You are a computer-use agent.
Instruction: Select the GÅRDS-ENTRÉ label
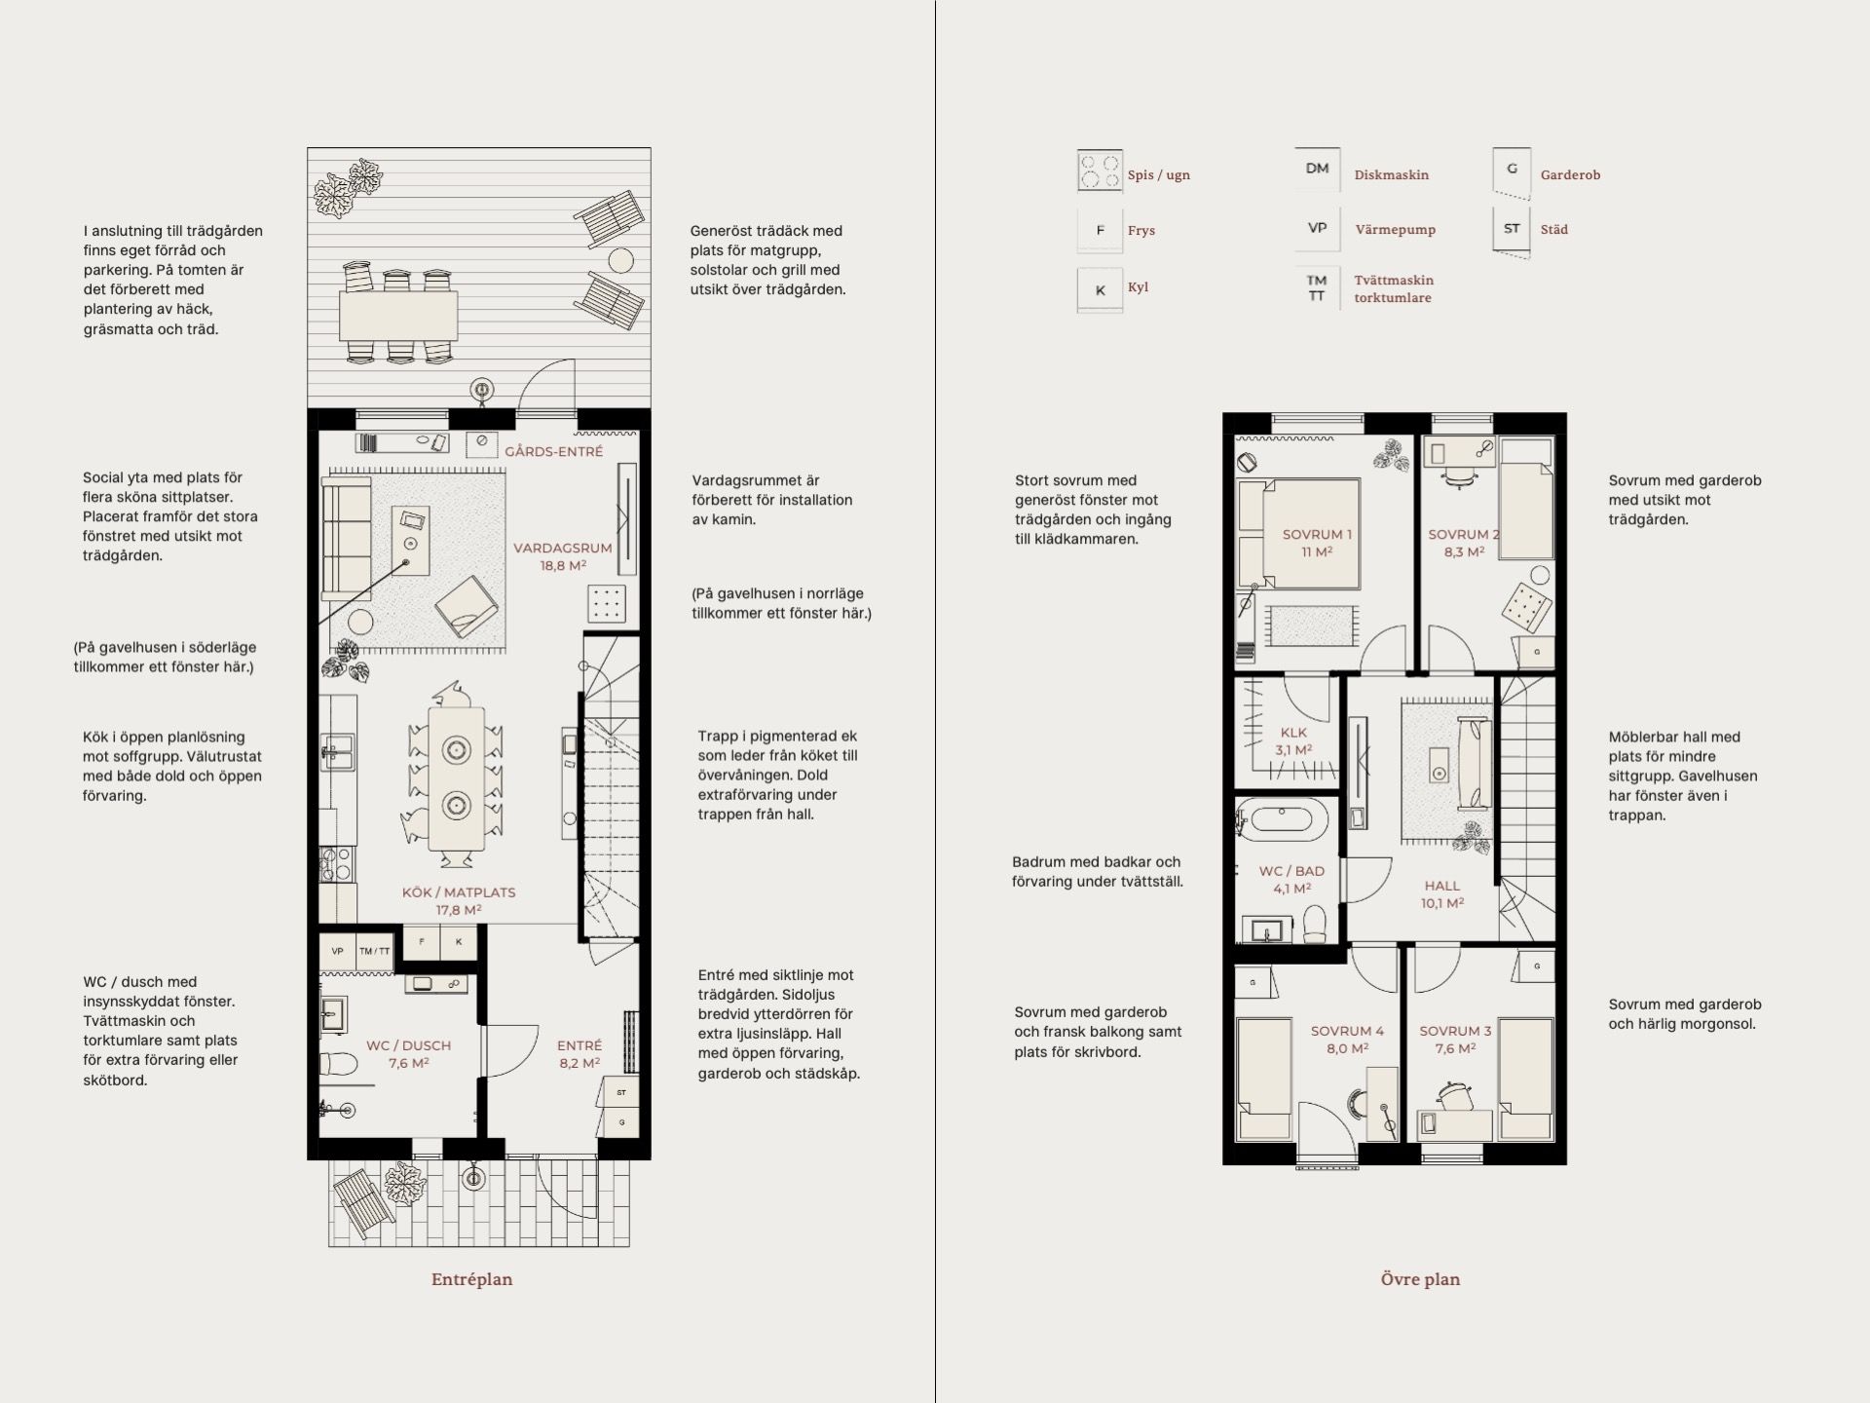(x=553, y=452)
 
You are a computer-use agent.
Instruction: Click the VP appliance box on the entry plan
(x=338, y=951)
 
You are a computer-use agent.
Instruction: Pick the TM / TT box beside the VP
(x=375, y=951)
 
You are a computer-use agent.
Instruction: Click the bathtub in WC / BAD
(x=1281, y=821)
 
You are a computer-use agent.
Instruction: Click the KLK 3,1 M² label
(x=1294, y=740)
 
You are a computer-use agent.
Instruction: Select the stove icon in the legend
(x=1100, y=172)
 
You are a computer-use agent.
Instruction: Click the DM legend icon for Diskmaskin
(x=1317, y=169)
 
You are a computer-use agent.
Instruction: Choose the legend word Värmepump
(x=1396, y=230)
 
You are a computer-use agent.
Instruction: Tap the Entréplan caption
(x=471, y=1280)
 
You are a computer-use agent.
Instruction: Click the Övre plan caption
(x=1420, y=1279)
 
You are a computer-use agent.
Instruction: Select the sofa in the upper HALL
(x=1473, y=763)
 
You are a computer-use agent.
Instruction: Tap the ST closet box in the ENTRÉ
(x=621, y=1092)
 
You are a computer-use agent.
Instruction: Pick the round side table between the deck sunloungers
(x=621, y=260)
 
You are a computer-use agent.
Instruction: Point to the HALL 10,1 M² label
(x=1442, y=894)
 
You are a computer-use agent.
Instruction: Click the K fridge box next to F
(x=459, y=942)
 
